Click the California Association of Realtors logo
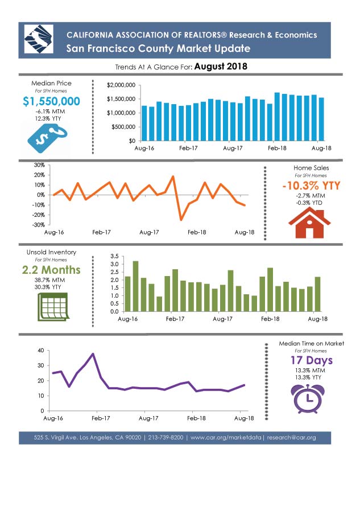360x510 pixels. [39, 39]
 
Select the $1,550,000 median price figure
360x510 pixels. [51, 101]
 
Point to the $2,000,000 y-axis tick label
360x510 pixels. [121, 85]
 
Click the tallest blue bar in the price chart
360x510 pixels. [277, 117]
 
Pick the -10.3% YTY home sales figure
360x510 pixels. [311, 186]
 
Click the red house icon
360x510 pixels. [309, 223]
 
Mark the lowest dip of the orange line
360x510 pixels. [181, 220]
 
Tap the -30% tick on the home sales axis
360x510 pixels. [39, 225]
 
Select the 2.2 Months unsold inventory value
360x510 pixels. [51, 270]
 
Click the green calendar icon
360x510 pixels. [53, 307]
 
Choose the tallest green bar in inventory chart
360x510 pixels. [135, 286]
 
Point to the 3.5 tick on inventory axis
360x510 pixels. [114, 256]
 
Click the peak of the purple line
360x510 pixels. [93, 353]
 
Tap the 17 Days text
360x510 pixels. [312, 360]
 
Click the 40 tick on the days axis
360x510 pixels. [41, 351]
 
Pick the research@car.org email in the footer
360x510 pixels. [291, 438]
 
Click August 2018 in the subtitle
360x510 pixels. [221, 67]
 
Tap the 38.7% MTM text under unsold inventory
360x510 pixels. [49, 280]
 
